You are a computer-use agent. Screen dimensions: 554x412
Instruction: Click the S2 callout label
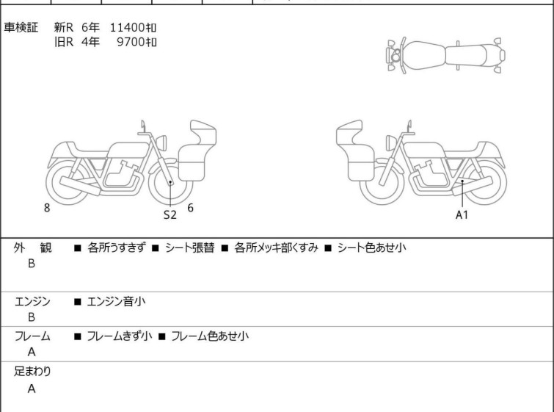point(170,214)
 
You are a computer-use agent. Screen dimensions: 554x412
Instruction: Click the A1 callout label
point(462,214)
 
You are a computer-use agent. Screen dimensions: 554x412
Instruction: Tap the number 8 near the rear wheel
point(47,208)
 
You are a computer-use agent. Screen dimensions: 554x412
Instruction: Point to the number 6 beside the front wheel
point(191,208)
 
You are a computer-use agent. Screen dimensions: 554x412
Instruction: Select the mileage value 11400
point(128,27)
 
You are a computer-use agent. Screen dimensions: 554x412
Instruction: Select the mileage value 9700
point(131,42)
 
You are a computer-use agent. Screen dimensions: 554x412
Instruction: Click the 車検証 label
point(21,27)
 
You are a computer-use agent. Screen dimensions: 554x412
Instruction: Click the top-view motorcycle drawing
point(446,56)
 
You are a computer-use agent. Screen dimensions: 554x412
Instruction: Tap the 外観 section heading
point(32,247)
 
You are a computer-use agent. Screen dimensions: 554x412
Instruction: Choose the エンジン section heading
point(32,302)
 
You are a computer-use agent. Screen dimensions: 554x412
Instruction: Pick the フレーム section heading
point(32,336)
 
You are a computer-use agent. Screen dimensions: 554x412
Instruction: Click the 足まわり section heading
point(32,372)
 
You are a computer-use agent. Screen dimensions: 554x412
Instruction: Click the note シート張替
point(190,247)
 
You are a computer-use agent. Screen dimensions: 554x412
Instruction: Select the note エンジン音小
point(116,302)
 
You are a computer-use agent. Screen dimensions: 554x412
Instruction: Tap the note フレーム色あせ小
point(210,336)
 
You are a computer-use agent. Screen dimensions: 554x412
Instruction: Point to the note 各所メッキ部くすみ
point(277,247)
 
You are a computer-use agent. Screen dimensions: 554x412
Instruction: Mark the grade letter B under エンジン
point(32,317)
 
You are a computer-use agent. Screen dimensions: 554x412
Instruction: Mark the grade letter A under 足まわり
point(32,388)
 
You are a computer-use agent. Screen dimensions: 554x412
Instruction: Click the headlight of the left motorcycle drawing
point(161,143)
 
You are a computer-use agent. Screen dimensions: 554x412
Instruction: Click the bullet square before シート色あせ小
point(328,248)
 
